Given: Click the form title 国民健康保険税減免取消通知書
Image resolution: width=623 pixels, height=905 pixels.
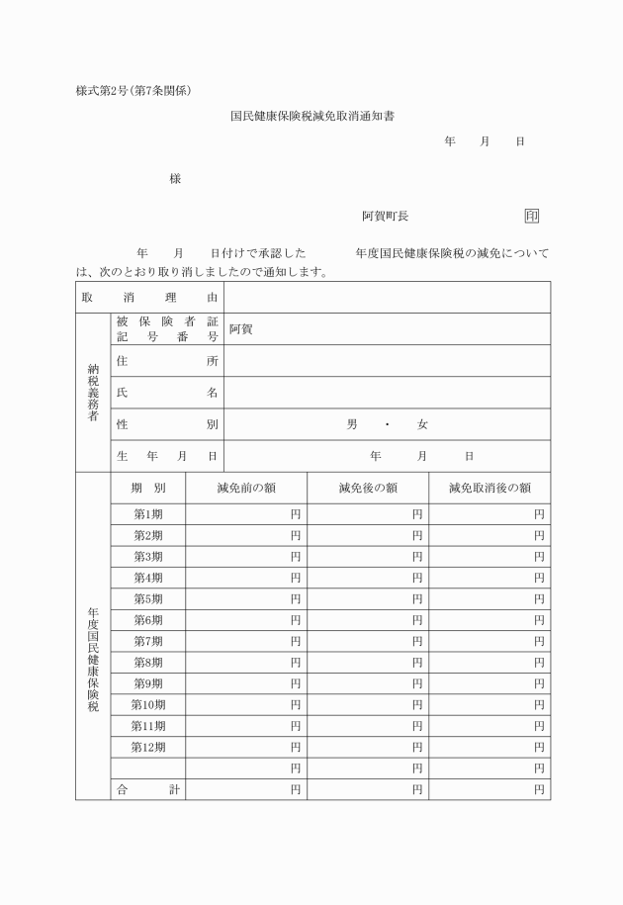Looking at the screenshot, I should coord(312,116).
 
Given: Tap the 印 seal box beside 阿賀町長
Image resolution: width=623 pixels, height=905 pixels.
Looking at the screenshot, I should coord(532,216).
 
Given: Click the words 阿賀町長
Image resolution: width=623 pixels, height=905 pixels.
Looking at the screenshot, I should coord(385,216).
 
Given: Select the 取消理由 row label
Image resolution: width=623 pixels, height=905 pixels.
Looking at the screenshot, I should coord(149,298).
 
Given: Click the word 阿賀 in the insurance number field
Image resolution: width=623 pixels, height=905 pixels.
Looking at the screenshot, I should coord(241,329).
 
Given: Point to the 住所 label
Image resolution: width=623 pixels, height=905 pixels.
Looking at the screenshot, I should coord(166,361).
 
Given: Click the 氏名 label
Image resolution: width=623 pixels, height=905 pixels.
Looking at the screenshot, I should coord(166,393).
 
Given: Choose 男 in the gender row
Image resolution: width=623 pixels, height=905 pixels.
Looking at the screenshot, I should coord(352,424).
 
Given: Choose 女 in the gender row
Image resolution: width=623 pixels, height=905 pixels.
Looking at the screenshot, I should coord(422,424).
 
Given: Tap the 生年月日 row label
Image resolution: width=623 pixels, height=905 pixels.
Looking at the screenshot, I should coord(166,456).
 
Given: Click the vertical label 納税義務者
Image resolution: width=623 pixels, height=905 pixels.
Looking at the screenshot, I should coord(93,393).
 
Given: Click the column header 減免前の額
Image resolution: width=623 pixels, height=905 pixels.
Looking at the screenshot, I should coord(246,488).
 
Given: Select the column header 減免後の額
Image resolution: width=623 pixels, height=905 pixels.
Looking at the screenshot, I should coord(368,488).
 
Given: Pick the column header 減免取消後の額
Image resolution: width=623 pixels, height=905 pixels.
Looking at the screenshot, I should coord(489,488).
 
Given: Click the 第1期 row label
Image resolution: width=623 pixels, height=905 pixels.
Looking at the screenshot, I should coord(148,514).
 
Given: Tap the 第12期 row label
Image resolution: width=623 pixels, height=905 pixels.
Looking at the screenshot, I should coord(148,747).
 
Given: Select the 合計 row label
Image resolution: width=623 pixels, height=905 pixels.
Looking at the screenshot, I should coord(148,789).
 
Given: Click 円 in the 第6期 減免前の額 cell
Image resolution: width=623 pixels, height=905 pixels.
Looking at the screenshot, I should coord(296,620).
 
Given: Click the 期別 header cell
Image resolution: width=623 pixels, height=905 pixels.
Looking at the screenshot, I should coord(148,488).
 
